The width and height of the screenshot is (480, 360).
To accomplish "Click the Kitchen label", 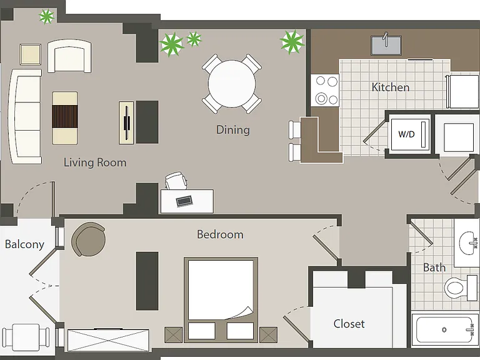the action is (390, 87).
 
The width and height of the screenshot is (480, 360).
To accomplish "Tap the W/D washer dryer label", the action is (406, 134).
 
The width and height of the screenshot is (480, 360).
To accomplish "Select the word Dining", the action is (233, 130).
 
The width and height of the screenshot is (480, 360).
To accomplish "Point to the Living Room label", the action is (95, 162).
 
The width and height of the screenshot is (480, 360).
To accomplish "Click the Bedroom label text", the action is (220, 234).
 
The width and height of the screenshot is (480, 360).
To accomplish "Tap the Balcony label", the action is (24, 244).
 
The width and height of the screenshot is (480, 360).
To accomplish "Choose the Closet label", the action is (349, 324).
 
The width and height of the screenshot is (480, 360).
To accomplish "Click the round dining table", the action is (232, 84).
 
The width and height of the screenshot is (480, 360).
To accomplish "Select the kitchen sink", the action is (386, 45).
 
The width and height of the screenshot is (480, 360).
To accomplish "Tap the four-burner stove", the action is (325, 90).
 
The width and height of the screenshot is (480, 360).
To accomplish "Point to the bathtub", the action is (444, 330).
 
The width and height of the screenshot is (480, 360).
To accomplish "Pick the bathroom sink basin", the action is (467, 242).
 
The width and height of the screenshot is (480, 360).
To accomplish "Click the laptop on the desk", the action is (184, 201).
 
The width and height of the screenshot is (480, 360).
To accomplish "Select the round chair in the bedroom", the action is (89, 239).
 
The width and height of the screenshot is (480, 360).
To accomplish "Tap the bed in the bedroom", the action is (221, 300).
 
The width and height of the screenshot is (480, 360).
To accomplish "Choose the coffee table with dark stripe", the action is (65, 118).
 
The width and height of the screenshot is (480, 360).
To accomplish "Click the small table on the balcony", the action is (26, 337).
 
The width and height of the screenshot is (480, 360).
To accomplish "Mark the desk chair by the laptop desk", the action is (176, 181).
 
